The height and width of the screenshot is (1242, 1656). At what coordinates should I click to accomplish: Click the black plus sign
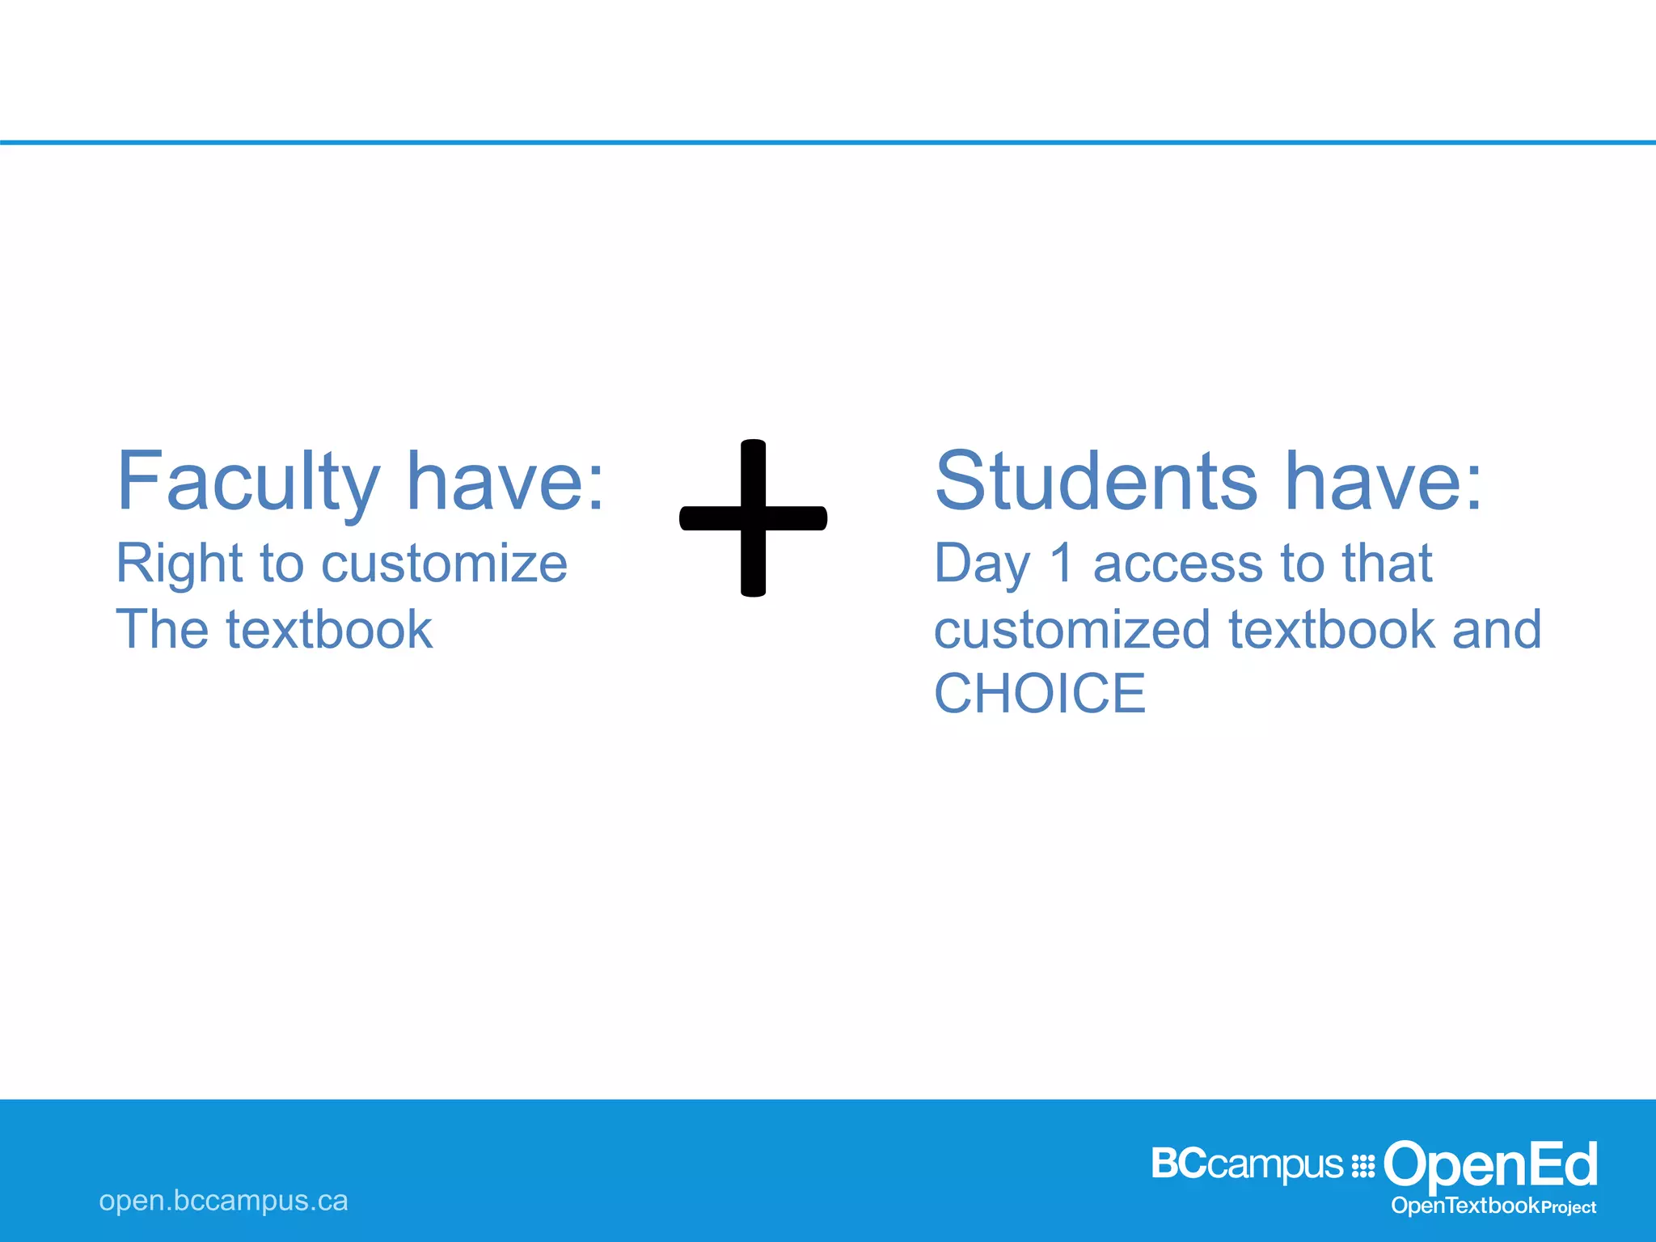[x=753, y=517]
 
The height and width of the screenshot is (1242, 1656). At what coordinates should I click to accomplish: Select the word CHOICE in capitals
[x=1040, y=694]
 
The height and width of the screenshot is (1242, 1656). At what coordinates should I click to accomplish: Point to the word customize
[x=444, y=564]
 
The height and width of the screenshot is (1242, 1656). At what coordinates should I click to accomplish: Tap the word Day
[x=982, y=564]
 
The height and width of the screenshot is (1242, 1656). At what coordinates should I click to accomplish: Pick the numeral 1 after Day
[x=1062, y=564]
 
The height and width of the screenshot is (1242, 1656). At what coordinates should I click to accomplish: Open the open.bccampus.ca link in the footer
[x=223, y=1201]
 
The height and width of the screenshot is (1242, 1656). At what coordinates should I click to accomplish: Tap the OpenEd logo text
[x=1490, y=1164]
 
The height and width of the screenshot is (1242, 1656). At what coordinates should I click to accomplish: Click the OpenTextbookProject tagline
[x=1493, y=1206]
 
